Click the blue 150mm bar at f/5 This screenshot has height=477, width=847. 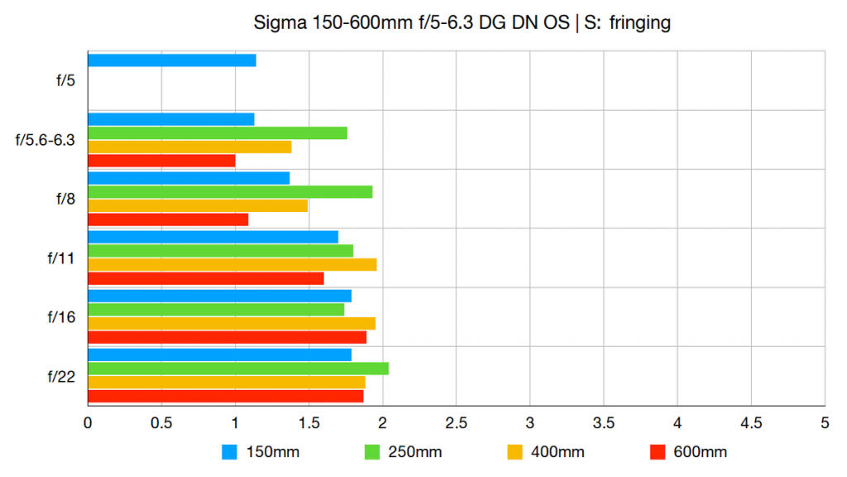tap(171, 60)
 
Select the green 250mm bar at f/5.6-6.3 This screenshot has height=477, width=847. tap(217, 132)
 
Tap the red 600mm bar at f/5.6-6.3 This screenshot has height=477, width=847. tap(161, 161)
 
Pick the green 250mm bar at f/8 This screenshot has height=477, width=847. tap(230, 191)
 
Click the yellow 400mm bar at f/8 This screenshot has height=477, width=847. tap(197, 205)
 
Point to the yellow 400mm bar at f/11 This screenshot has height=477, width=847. tap(232, 264)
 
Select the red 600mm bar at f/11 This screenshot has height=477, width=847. tap(205, 278)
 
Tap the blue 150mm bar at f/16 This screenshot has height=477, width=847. tap(219, 296)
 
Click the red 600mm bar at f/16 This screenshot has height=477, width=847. tap(227, 337)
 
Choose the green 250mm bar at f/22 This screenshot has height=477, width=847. tap(238, 369)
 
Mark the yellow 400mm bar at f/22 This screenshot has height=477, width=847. tap(226, 382)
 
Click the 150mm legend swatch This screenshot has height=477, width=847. tap(230, 452)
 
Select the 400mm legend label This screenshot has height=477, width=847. tap(559, 452)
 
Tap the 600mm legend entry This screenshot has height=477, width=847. tap(688, 452)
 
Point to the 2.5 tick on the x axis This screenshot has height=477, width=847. tap(456, 422)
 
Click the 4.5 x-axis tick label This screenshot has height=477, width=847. tap(751, 422)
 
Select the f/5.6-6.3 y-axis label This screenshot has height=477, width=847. tap(45, 140)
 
